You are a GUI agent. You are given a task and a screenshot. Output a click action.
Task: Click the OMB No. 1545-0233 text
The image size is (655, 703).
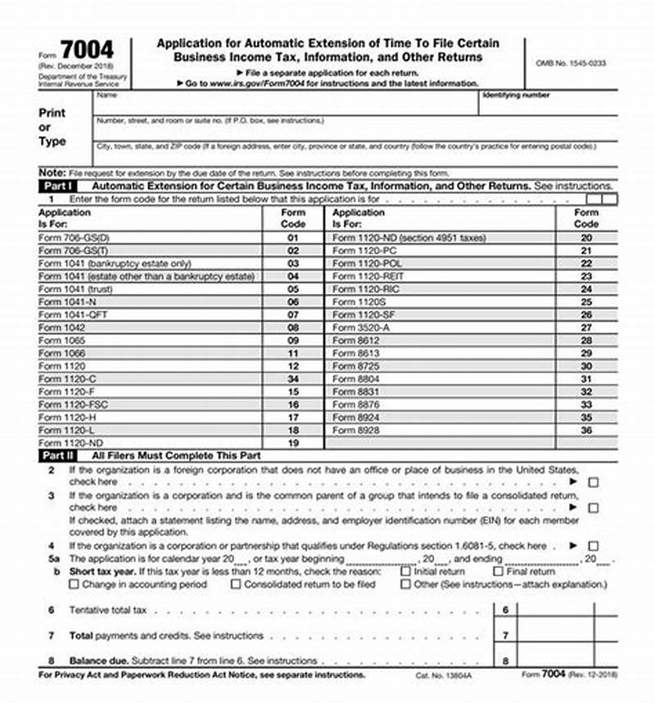571,63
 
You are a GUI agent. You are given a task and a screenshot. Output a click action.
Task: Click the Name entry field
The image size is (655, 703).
287,105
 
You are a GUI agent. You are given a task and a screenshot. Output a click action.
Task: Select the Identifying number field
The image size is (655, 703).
549,105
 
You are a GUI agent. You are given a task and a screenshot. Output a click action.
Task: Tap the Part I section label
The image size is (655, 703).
58,187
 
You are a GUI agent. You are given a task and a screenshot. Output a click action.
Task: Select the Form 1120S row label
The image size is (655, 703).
355,302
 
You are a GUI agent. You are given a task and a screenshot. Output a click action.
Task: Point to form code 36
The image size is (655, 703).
585,430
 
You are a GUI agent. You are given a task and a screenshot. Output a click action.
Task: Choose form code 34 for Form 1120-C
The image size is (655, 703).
293,379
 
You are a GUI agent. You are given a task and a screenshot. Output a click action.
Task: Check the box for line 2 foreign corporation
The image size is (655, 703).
594,483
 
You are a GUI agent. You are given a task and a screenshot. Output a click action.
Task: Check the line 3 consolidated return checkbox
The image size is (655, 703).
594,508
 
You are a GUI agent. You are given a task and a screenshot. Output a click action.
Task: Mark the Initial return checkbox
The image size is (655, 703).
406,572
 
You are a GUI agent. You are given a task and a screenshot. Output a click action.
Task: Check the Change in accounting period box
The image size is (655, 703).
75,584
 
